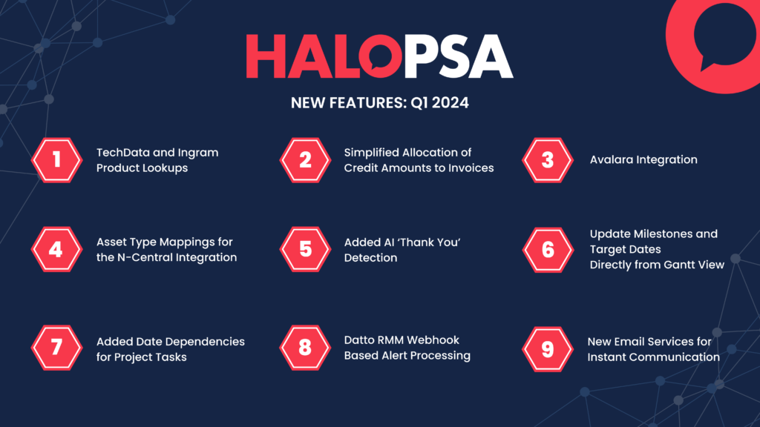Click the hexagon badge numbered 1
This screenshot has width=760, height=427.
(x=56, y=160)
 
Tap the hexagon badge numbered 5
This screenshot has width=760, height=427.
(x=305, y=249)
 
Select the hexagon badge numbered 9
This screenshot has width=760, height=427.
(x=548, y=349)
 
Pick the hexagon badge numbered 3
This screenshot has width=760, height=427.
(x=548, y=160)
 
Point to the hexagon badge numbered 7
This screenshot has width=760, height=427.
(x=56, y=348)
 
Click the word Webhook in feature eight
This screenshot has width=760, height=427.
(x=436, y=340)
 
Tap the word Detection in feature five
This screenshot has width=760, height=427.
(x=371, y=257)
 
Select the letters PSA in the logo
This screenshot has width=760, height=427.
(x=458, y=56)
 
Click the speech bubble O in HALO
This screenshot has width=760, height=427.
(x=381, y=56)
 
